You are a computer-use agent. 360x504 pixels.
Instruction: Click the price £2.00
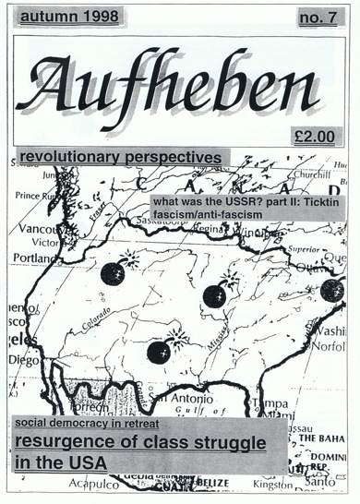click(x=309, y=133)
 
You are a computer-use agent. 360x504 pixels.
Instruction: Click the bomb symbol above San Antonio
click(x=159, y=351)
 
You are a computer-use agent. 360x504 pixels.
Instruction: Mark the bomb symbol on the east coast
click(x=332, y=290)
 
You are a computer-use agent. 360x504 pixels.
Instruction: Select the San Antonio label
click(x=194, y=398)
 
